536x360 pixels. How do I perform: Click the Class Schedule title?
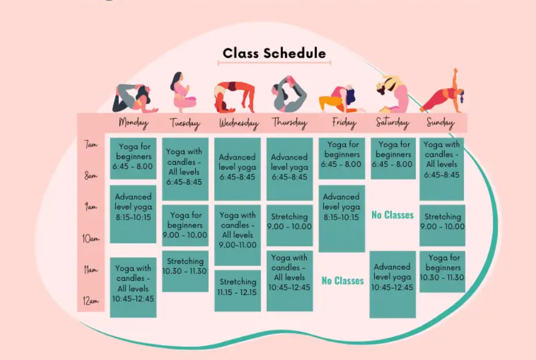coord(274,53)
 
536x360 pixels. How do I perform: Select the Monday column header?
coord(134,122)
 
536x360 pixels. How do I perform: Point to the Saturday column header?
coord(392,123)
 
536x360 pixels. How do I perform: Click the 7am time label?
coord(91,145)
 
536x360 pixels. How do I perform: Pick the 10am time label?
coord(91,238)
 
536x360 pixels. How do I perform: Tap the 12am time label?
coord(91,301)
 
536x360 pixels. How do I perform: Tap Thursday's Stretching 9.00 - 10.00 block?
coord(289,221)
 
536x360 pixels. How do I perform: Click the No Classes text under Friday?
coord(342,281)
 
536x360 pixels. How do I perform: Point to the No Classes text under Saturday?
coord(392,215)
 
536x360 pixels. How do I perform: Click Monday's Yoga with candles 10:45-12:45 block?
coord(134,288)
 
